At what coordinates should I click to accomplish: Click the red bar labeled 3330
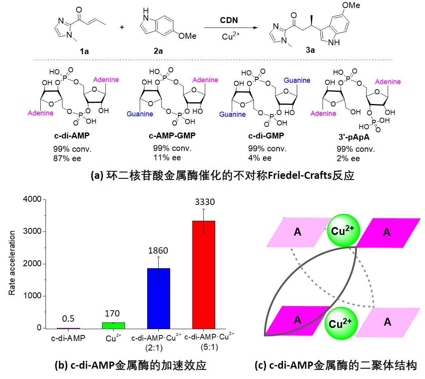tap(204, 274)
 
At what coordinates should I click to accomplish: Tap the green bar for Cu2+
tap(114, 325)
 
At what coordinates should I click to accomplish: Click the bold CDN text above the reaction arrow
tap(230, 20)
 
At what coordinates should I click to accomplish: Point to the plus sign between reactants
tap(121, 27)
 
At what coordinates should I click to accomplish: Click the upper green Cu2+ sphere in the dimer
tap(343, 231)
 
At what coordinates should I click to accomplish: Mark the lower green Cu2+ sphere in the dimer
tap(342, 322)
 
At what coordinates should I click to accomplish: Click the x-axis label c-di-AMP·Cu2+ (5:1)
tap(210, 342)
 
